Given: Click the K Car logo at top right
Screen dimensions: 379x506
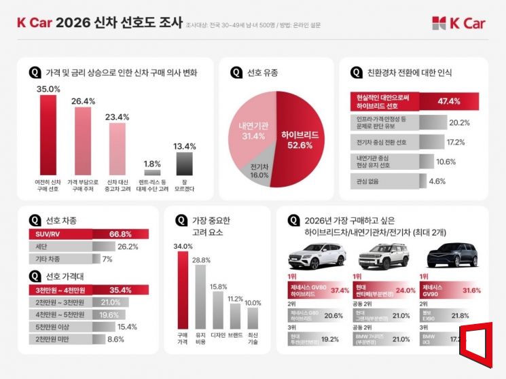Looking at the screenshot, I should point(458,23).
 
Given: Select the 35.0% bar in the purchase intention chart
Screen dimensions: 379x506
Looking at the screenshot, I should point(48,136).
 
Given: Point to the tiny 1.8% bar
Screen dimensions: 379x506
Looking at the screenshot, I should point(152,173).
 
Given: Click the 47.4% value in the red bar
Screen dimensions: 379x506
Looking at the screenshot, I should point(449,101).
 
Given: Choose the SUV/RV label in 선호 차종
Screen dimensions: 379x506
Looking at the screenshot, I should point(48,234).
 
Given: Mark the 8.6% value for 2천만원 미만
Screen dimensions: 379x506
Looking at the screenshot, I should point(116,338).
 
